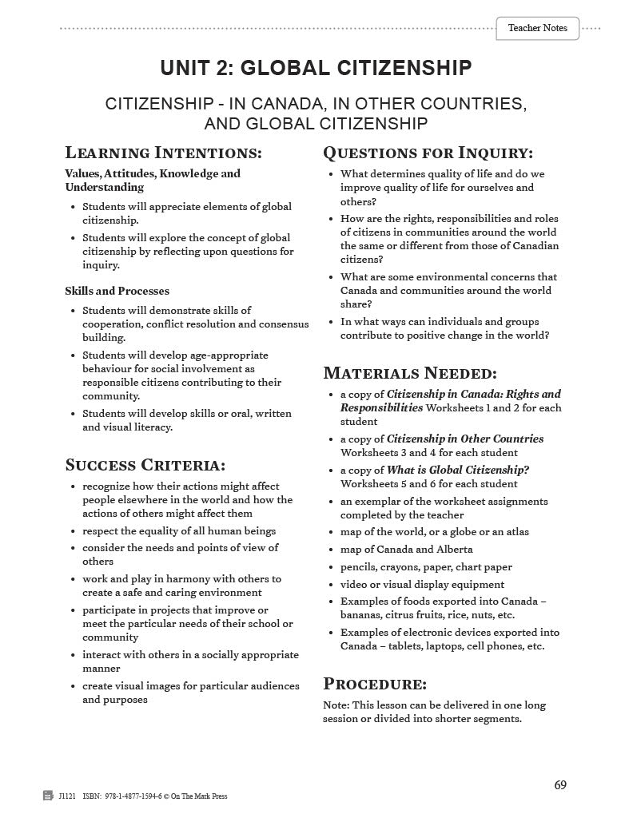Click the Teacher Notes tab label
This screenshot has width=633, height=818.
[x=537, y=28]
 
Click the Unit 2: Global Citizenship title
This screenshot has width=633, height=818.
[x=316, y=69]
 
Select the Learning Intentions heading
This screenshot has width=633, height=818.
[x=163, y=153]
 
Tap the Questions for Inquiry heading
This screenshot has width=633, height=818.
[x=428, y=153]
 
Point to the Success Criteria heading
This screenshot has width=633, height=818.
[x=145, y=465]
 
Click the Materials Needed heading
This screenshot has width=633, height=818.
[x=410, y=373]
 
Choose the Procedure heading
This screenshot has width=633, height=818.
[x=375, y=684]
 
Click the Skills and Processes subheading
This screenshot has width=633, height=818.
[x=117, y=291]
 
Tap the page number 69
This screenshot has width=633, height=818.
[x=560, y=784]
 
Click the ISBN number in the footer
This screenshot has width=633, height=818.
[x=128, y=796]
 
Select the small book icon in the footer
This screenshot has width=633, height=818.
[x=48, y=796]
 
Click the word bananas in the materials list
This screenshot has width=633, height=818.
[x=362, y=615]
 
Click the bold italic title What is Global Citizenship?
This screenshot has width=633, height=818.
[x=458, y=470]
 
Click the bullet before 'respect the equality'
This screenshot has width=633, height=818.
[x=74, y=531]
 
